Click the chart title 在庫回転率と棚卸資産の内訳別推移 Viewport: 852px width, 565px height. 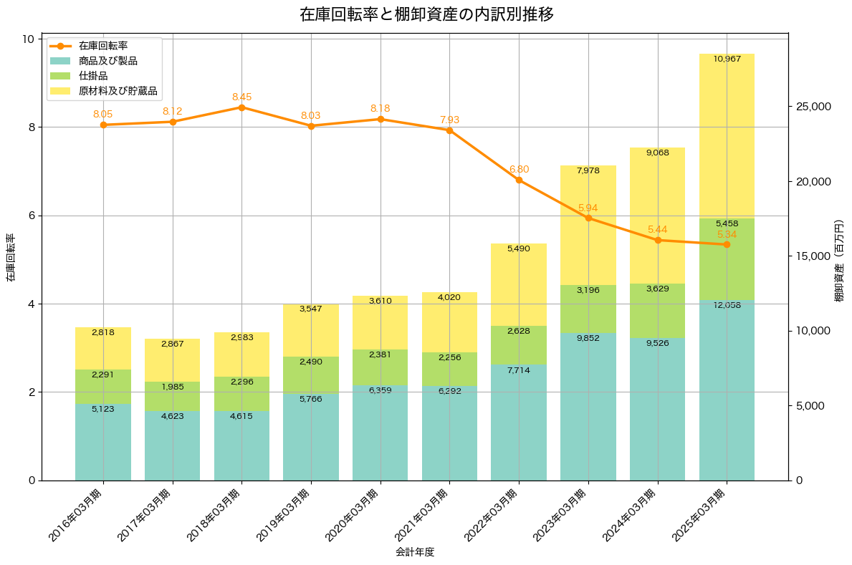coord(426,14)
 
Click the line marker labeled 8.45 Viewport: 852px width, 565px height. coord(241,107)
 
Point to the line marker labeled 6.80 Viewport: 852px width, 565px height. coord(519,180)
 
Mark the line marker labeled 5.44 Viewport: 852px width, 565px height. coord(658,240)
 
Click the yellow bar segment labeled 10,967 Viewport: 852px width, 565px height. coord(727,136)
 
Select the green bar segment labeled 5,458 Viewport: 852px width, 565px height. coord(727,259)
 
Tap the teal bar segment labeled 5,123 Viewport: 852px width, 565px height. coord(103,442)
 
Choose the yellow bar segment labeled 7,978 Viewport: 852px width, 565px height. coord(588,225)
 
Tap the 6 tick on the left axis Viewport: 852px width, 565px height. coord(31,216)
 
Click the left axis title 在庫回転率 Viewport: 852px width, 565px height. coord(10,258)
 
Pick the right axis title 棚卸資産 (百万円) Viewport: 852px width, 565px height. coord(840,260)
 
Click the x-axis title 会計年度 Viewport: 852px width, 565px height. coord(415,552)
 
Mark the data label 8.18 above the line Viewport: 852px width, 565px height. coord(380,108)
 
